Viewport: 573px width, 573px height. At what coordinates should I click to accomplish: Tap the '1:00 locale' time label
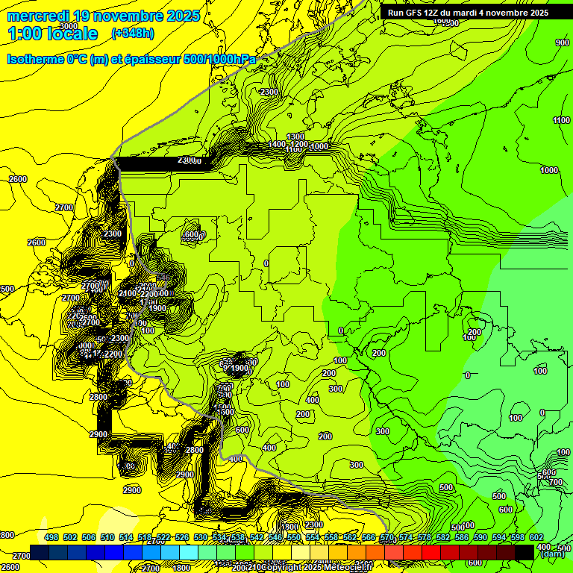[53, 34]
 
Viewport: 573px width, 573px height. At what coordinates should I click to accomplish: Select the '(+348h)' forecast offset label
[132, 33]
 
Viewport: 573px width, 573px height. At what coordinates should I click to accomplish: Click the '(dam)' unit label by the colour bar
[551, 554]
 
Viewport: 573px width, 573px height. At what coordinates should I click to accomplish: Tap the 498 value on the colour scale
[51, 537]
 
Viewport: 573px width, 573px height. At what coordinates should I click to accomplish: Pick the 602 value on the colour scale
[536, 537]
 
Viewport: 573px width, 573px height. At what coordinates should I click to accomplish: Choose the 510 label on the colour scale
[107, 537]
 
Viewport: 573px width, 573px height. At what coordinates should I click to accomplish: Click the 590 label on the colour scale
[480, 537]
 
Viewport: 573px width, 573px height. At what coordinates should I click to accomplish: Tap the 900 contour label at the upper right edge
[562, 43]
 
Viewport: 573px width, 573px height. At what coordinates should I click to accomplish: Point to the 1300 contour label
[296, 137]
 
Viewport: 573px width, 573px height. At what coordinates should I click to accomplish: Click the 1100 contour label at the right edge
[561, 120]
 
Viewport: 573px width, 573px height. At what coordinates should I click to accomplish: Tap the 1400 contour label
[278, 144]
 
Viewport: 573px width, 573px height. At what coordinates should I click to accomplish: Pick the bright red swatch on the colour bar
[431, 552]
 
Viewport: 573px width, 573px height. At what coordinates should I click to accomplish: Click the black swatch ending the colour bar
[525, 552]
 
